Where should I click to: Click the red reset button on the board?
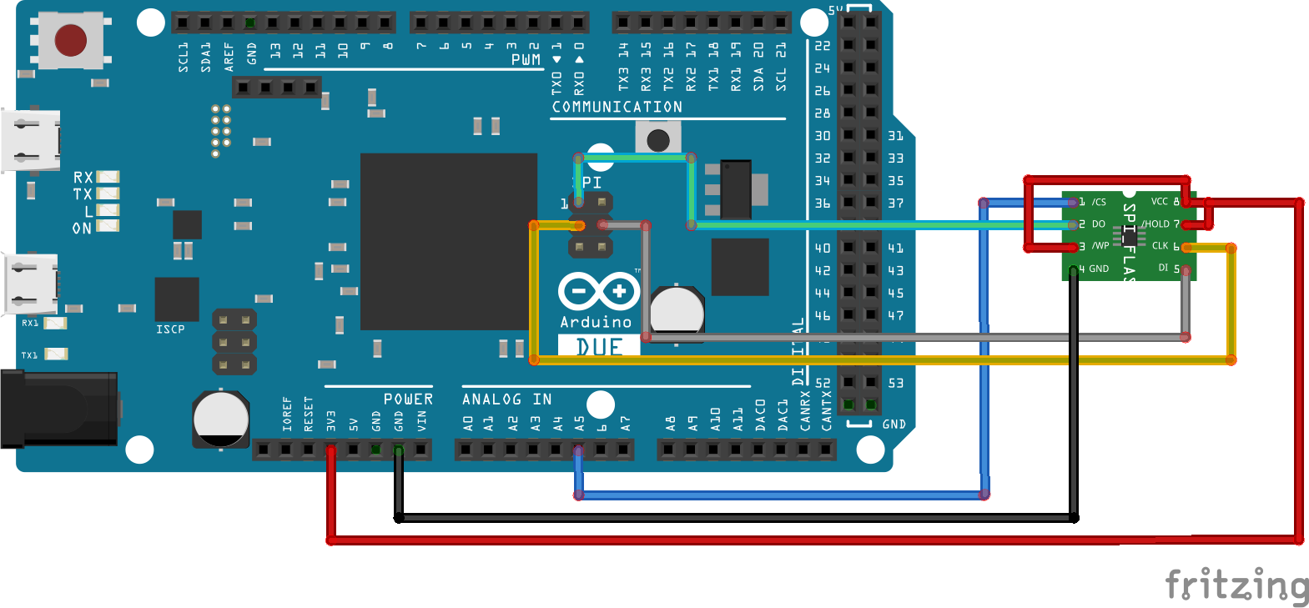click(x=70, y=39)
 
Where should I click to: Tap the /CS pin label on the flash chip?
click(x=1099, y=202)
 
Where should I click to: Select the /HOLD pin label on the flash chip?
click(x=1155, y=224)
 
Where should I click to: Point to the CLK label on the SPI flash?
click(x=1160, y=246)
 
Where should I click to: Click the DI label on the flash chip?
click(x=1163, y=268)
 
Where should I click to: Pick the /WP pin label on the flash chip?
click(x=1100, y=246)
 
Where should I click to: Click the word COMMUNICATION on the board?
click(x=617, y=107)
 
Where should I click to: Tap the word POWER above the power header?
click(x=408, y=399)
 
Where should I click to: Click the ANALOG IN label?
click(x=506, y=399)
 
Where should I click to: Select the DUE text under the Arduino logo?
click(x=599, y=346)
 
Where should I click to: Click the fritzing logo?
click(x=1236, y=585)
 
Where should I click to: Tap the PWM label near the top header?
click(x=526, y=60)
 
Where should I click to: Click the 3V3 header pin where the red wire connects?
click(x=331, y=450)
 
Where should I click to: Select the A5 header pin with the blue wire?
click(x=578, y=450)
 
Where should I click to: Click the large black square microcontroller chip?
click(x=448, y=241)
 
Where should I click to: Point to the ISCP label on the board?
click(x=170, y=329)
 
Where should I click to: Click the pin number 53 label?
click(x=895, y=383)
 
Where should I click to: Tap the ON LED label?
click(x=82, y=228)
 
